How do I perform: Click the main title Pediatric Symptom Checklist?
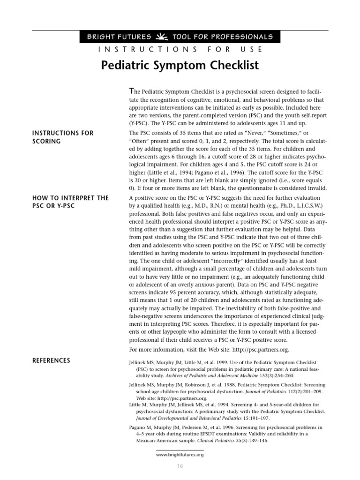180,65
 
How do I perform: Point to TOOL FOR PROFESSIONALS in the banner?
223,37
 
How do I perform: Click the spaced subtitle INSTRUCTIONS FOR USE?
180,49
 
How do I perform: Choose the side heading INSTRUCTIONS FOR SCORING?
63,137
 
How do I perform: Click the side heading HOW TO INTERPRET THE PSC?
70,202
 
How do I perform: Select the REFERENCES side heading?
51,360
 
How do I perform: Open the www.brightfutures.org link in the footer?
180,454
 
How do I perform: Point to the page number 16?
180,466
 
